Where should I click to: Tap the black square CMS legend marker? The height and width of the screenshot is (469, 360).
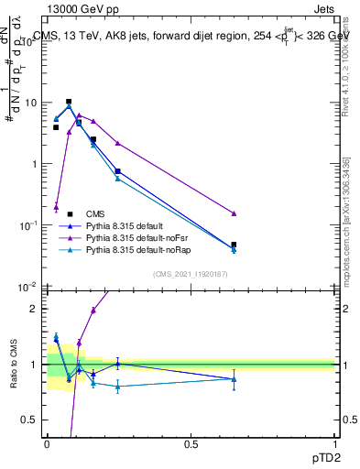click(x=70, y=213)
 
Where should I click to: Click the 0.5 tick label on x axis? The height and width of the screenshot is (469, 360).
click(x=191, y=443)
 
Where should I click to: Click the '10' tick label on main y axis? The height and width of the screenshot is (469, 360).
click(x=33, y=103)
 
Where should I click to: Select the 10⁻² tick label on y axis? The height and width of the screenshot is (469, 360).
click(x=30, y=287)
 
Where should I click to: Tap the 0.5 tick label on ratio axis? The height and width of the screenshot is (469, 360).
click(x=33, y=420)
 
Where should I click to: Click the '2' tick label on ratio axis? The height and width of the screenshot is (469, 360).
click(x=36, y=309)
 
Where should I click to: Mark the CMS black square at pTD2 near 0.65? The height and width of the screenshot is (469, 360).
click(x=234, y=245)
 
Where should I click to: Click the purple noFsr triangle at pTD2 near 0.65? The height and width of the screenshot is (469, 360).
click(x=234, y=213)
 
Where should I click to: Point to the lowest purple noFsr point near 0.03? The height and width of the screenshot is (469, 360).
click(x=56, y=207)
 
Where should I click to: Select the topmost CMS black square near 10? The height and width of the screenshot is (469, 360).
click(x=69, y=102)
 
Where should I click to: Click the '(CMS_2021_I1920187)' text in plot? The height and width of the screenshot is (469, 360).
click(x=189, y=273)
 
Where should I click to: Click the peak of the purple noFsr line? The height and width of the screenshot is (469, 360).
click(x=80, y=115)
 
